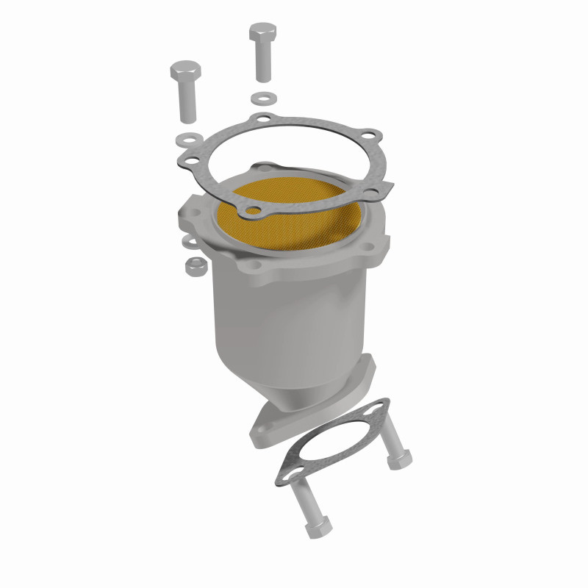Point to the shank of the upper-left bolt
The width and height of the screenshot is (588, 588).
coord(187,103)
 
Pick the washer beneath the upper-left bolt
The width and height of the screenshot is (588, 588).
coord(190,137)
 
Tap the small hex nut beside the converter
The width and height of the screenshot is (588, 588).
coord(195,265)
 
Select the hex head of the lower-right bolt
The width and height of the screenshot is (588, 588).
coord(398,459)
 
